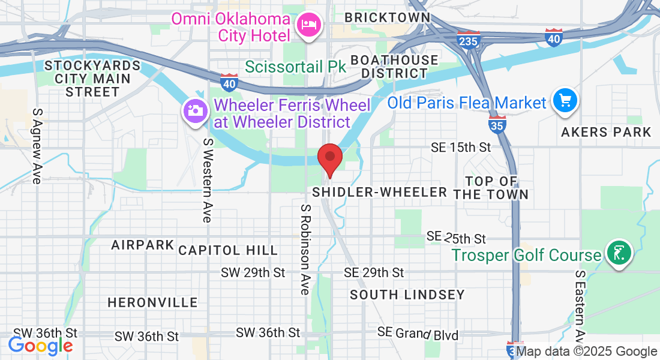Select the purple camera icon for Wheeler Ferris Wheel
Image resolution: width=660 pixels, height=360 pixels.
coord(194,112)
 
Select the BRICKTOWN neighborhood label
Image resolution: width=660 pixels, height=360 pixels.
coord(387,17)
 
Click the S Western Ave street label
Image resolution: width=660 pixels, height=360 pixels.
coord(208,180)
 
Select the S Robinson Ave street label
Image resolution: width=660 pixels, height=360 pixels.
coord(305,249)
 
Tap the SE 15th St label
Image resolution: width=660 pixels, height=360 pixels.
coord(461,147)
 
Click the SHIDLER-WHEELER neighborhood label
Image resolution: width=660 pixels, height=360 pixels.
coord(380,192)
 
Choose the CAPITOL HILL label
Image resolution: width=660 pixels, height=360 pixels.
coord(228,250)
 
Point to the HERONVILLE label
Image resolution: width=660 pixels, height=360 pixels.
coord(152,302)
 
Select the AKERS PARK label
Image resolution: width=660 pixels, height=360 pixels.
coord(606,132)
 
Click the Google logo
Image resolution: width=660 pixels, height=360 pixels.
coord(40,346)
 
